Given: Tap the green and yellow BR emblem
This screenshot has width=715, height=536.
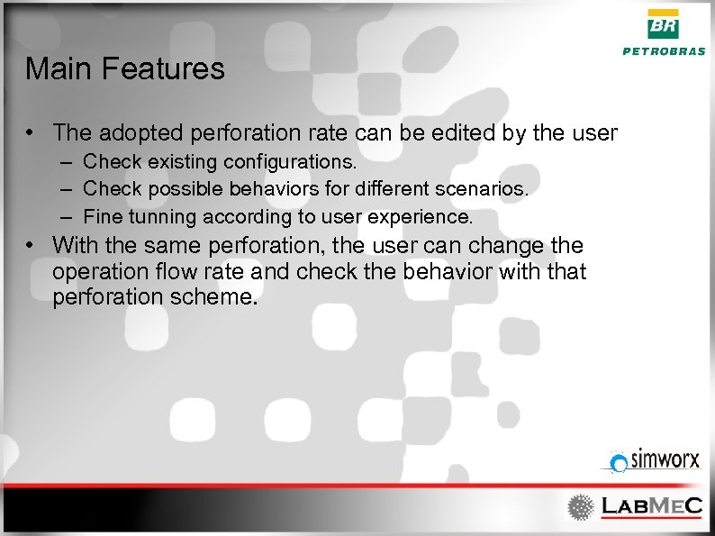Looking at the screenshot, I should (x=665, y=25).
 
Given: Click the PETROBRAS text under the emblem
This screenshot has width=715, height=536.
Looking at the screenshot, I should (x=665, y=51).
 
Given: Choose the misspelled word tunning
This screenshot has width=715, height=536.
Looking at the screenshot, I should (x=159, y=217).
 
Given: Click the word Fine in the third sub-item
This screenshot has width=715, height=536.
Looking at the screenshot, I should (x=100, y=217).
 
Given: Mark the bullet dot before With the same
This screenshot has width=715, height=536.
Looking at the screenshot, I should (x=31, y=245).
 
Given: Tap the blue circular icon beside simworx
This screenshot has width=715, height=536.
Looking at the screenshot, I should (x=619, y=463).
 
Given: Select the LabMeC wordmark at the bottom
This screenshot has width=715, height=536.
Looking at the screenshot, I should (x=650, y=506).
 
